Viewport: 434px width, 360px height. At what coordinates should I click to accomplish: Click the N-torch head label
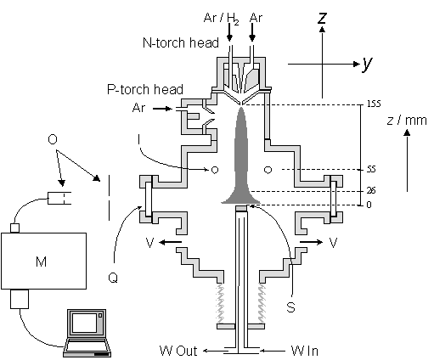[x=181, y=42]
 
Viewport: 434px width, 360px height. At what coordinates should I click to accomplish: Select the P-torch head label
[x=145, y=89]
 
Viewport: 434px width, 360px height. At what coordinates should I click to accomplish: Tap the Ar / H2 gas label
[x=222, y=19]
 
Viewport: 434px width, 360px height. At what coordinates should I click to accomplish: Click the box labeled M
[x=43, y=261]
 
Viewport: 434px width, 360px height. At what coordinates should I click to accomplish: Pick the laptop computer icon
[x=87, y=333]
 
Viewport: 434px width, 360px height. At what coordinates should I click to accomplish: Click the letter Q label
[x=113, y=278]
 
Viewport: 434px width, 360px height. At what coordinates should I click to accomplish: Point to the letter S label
[x=290, y=307]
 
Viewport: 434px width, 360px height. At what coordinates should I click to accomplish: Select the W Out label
[x=178, y=351]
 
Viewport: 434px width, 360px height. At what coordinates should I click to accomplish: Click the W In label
[x=305, y=351]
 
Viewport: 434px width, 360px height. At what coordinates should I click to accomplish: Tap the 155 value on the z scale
[x=374, y=104]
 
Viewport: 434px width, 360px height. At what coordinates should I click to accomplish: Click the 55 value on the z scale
[x=371, y=169]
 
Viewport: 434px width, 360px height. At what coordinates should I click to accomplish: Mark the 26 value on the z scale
[x=371, y=191]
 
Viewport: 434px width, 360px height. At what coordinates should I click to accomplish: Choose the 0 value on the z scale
[x=369, y=205]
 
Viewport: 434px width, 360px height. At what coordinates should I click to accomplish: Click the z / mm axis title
[x=407, y=121]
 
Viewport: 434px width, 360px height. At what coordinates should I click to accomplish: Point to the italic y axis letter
[x=367, y=64]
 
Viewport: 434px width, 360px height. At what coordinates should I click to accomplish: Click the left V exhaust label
[x=149, y=243]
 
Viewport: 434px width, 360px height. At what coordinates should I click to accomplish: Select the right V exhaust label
[x=334, y=243]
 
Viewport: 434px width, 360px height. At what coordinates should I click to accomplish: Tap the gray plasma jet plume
[x=240, y=159]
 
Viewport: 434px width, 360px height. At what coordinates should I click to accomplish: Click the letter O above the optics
[x=53, y=139]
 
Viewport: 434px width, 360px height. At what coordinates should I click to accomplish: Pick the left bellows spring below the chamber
[x=220, y=303]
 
